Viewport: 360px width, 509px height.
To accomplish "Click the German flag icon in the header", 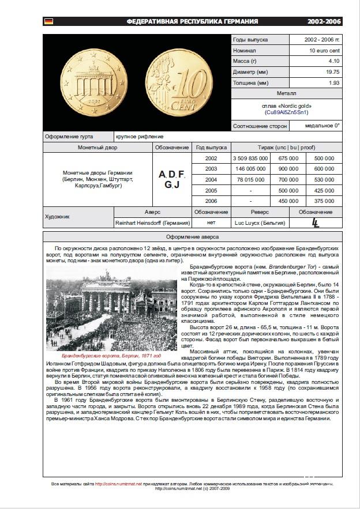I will (x=48, y=21).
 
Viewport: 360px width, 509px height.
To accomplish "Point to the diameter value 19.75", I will (x=333, y=71).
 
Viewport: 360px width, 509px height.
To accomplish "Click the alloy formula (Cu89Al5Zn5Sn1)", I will (x=287, y=112).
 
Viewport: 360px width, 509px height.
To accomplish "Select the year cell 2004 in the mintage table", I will (x=211, y=179).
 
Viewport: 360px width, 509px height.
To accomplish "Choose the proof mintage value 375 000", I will (x=324, y=201).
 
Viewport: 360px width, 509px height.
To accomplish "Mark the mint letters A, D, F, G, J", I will (x=172, y=179).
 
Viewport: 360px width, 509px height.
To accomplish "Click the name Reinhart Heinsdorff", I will (x=152, y=223).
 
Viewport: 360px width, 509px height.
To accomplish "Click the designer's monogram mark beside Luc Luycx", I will (x=316, y=223).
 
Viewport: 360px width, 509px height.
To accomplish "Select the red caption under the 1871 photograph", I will (x=111, y=356).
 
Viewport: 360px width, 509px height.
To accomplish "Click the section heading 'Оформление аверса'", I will (x=193, y=237).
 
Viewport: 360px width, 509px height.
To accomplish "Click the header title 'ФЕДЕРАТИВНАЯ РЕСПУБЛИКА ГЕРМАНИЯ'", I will (x=193, y=21).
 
